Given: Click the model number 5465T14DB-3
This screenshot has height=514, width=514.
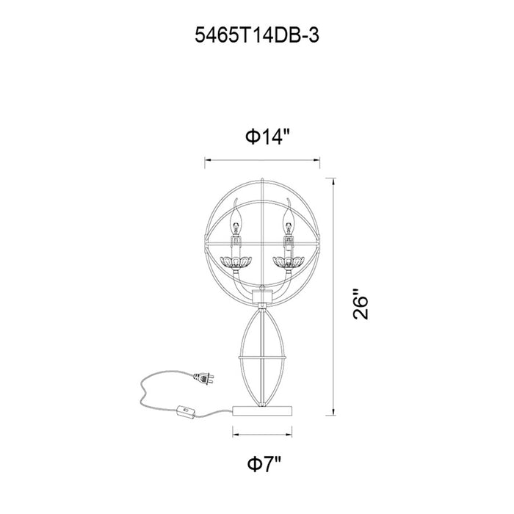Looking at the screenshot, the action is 257,35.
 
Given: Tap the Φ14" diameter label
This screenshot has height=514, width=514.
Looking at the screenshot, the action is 268,137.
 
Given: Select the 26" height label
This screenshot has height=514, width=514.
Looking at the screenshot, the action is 361,304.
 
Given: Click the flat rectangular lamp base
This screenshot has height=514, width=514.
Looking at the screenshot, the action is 262,410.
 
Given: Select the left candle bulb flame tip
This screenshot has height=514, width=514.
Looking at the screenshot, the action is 236,200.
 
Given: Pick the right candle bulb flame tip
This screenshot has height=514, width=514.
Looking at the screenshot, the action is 288,199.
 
